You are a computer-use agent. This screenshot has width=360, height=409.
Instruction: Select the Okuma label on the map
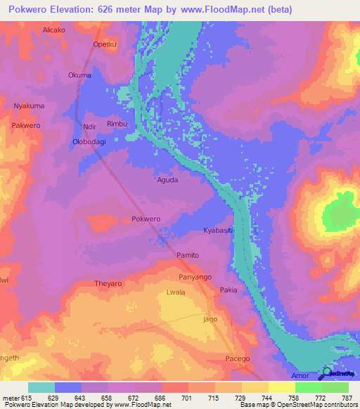79,75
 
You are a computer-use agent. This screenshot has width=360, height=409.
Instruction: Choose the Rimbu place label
117,124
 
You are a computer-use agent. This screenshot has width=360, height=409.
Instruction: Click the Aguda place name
167,180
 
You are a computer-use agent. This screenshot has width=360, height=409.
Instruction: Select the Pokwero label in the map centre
146,219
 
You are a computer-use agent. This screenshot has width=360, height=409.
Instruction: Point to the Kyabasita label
217,231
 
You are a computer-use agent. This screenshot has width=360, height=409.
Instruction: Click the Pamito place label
188,255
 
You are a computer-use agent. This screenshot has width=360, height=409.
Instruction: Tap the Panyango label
195,277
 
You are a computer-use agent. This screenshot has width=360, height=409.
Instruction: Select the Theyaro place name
108,284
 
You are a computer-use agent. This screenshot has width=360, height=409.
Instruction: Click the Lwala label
175,292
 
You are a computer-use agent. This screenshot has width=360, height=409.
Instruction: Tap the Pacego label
238,359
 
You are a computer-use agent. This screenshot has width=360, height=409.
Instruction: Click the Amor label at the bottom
298,377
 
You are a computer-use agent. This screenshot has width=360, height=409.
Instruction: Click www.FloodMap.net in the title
221,10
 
